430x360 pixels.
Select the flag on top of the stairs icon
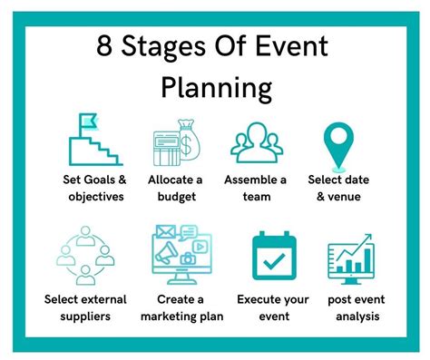point(88,118)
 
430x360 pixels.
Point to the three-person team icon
point(257,140)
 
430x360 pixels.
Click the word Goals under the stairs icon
point(93,180)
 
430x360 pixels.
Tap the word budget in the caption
point(176,197)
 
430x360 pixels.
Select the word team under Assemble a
point(256,197)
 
